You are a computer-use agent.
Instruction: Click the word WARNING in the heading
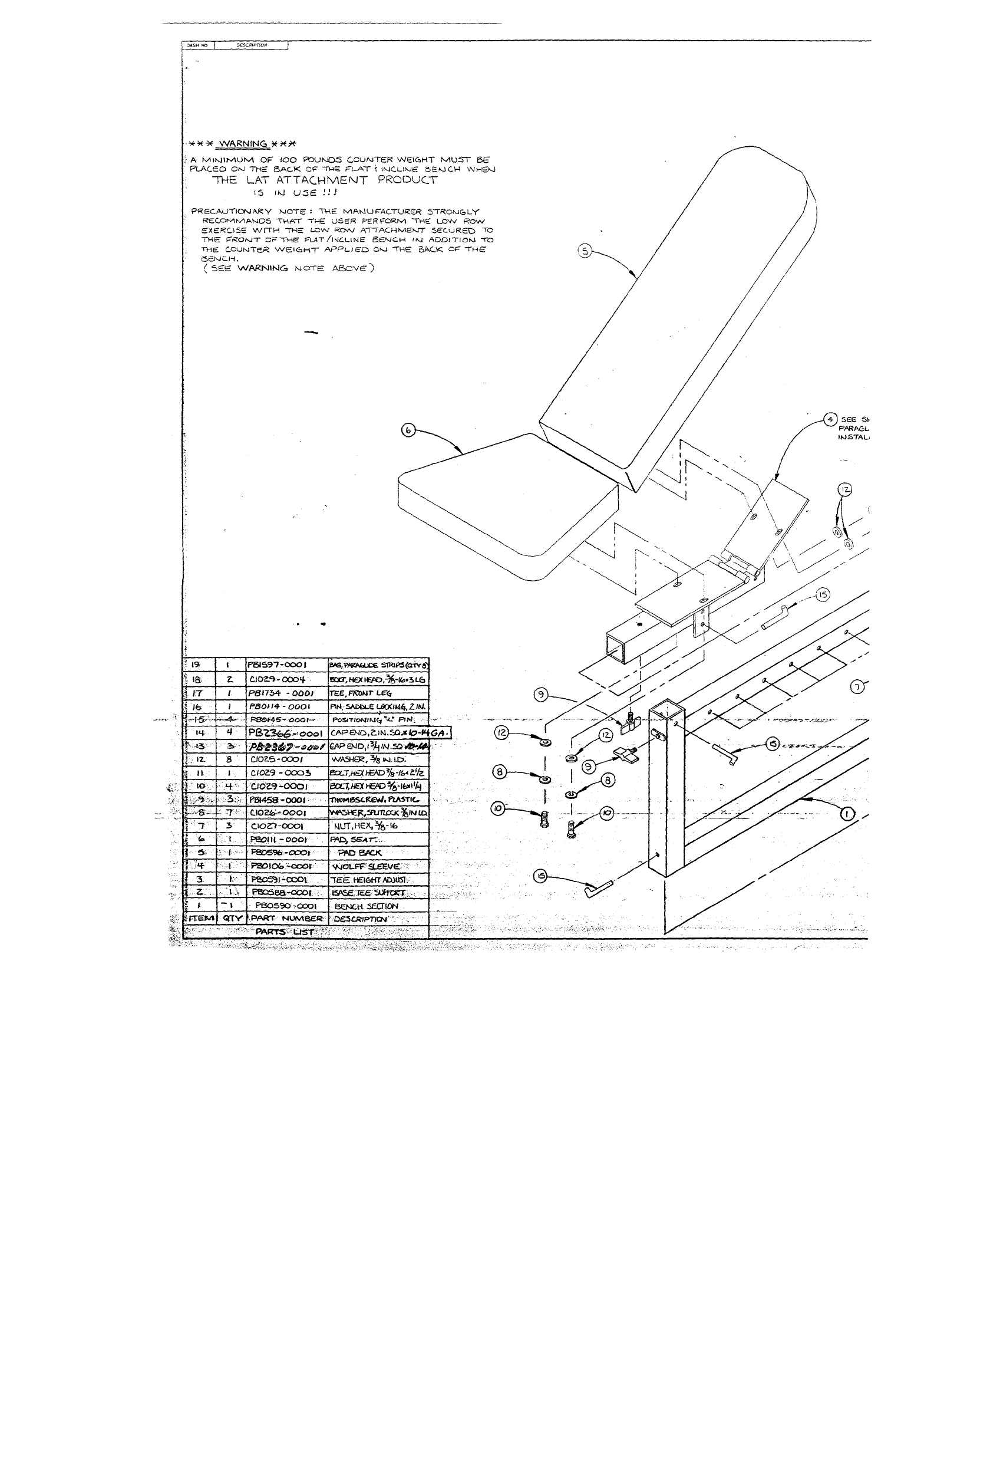pos(243,143)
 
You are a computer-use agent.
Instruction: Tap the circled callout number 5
pos(585,251)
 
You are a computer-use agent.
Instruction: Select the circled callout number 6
pos(408,430)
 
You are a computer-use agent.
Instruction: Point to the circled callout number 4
pos(830,419)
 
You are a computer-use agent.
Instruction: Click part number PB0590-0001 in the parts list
pos(285,906)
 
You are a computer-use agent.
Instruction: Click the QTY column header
pos(232,919)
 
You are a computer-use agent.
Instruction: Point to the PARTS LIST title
pos(284,932)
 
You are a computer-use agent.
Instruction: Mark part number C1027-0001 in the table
pos(277,826)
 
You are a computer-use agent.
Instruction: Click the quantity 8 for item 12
pos(229,759)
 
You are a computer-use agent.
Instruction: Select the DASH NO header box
pos(197,45)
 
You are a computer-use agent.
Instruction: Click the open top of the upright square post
pos(666,711)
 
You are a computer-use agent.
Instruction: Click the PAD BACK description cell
pos(360,853)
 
